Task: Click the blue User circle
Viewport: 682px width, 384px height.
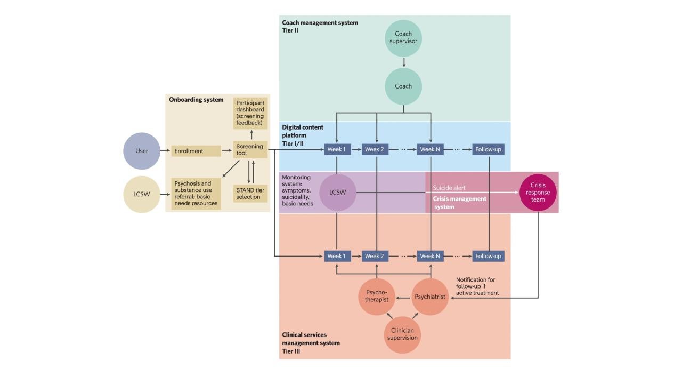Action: [142, 151]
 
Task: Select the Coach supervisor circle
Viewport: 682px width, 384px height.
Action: [403, 38]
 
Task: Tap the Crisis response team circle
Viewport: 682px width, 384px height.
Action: [538, 193]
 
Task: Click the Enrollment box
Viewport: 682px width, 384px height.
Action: [196, 151]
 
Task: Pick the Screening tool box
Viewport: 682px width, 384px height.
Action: [250, 150]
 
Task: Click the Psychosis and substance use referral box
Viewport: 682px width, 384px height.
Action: [196, 193]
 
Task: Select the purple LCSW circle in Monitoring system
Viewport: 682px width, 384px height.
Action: [337, 193]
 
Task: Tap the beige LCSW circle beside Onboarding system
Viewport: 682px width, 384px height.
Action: [142, 194]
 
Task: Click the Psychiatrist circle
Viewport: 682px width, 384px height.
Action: [430, 297]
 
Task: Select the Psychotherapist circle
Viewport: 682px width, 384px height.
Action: [377, 297]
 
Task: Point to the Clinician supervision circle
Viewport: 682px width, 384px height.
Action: [403, 334]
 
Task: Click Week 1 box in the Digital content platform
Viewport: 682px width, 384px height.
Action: [337, 149]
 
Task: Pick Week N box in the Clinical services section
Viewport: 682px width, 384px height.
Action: [430, 256]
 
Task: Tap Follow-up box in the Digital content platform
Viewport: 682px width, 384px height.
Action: [488, 149]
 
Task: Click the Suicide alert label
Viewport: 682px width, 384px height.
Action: [449, 188]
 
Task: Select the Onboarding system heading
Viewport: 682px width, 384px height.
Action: [196, 100]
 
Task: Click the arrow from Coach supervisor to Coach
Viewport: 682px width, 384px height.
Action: [403, 62]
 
